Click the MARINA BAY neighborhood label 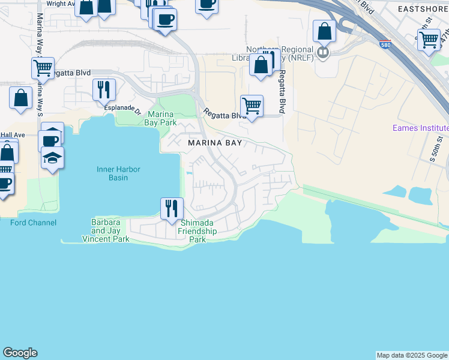coord(215,143)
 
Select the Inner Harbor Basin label coord(118,173)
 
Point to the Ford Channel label coord(33,223)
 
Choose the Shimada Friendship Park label coord(199,231)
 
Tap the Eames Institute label coord(420,128)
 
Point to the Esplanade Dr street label coord(122,108)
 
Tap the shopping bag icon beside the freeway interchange coord(325,32)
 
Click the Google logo coord(20,353)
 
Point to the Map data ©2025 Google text coord(412,355)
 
